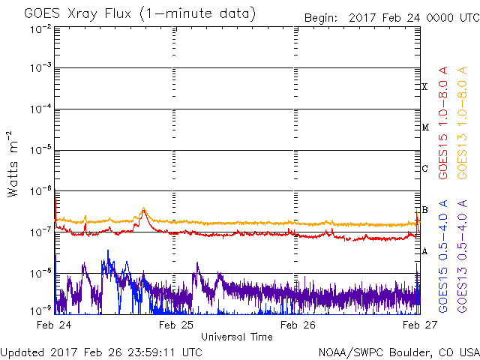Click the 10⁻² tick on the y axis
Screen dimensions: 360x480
click(41, 28)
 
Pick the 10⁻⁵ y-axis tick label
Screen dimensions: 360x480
click(41, 149)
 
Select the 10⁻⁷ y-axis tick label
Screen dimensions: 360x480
click(41, 230)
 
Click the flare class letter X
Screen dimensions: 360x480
click(424, 87)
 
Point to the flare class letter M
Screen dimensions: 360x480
click(424, 127)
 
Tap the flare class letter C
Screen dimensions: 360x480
click(424, 169)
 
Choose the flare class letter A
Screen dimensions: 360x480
click(424, 251)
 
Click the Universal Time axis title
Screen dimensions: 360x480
click(237, 337)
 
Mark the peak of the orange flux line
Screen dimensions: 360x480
click(143, 208)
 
